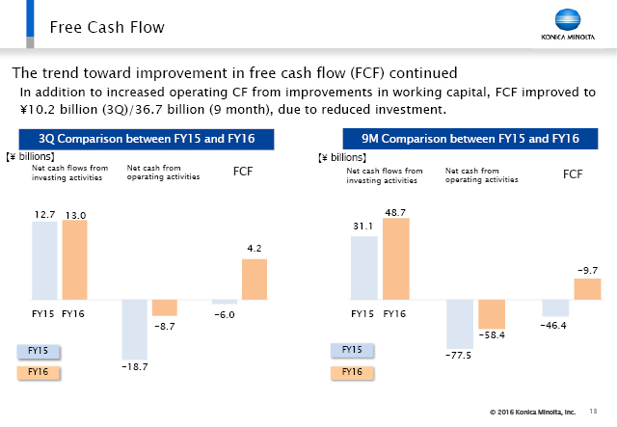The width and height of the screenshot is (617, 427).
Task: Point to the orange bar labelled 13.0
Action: (x=74, y=259)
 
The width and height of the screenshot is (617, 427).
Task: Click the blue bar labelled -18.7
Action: (x=135, y=328)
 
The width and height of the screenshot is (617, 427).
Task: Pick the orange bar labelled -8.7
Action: (x=165, y=307)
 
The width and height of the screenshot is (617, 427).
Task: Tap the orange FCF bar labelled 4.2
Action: (x=255, y=279)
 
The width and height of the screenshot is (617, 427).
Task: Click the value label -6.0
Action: (x=224, y=314)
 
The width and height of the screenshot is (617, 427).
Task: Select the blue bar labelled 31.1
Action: (x=363, y=267)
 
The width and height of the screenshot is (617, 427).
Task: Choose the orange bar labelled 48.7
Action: (x=395, y=258)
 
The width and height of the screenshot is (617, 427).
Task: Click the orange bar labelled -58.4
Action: (x=492, y=313)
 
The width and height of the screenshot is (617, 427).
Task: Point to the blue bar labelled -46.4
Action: (x=554, y=307)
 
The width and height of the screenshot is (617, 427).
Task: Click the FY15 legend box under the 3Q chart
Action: (x=39, y=351)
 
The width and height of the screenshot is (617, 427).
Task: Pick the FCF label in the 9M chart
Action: (x=573, y=174)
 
